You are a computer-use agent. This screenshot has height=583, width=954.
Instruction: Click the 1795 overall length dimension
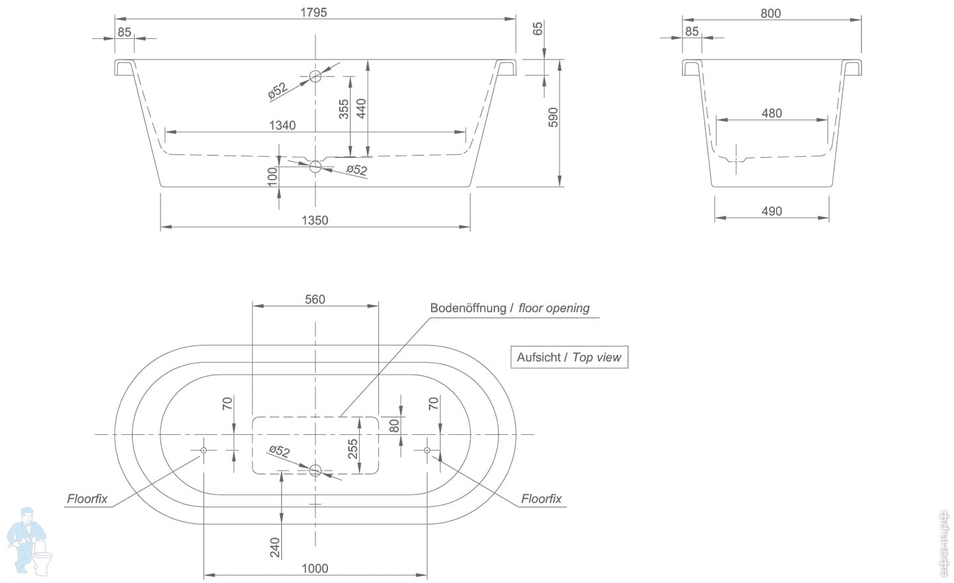click(x=313, y=12)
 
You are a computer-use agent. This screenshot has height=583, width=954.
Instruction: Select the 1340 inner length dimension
click(x=282, y=125)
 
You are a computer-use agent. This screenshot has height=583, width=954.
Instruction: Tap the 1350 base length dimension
click(x=315, y=220)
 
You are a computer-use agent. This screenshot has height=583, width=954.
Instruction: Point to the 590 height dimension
click(x=553, y=117)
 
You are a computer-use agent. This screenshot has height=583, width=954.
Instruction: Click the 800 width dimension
click(x=770, y=13)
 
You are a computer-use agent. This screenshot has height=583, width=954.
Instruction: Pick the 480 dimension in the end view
click(x=772, y=113)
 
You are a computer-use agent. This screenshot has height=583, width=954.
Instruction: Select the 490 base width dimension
click(x=772, y=211)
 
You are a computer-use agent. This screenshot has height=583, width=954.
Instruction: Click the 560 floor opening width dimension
click(x=315, y=299)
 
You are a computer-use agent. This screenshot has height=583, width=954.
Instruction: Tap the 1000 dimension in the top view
click(x=315, y=568)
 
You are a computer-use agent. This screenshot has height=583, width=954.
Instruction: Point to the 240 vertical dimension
click(x=275, y=547)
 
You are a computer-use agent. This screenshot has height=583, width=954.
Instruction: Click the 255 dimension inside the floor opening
click(x=353, y=449)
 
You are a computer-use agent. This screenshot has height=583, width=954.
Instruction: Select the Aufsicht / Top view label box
click(x=569, y=357)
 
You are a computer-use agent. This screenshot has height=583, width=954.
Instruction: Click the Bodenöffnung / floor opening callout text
click(x=509, y=308)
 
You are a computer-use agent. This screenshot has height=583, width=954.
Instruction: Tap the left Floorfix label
click(x=87, y=499)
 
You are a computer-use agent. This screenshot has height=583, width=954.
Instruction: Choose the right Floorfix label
click(x=541, y=499)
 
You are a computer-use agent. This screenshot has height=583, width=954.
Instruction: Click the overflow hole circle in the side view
click(x=315, y=76)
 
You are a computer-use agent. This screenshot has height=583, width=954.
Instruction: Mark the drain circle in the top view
click(x=315, y=470)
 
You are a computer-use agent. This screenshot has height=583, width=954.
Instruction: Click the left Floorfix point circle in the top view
click(x=204, y=450)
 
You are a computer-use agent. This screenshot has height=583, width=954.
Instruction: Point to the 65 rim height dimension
click(x=538, y=28)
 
